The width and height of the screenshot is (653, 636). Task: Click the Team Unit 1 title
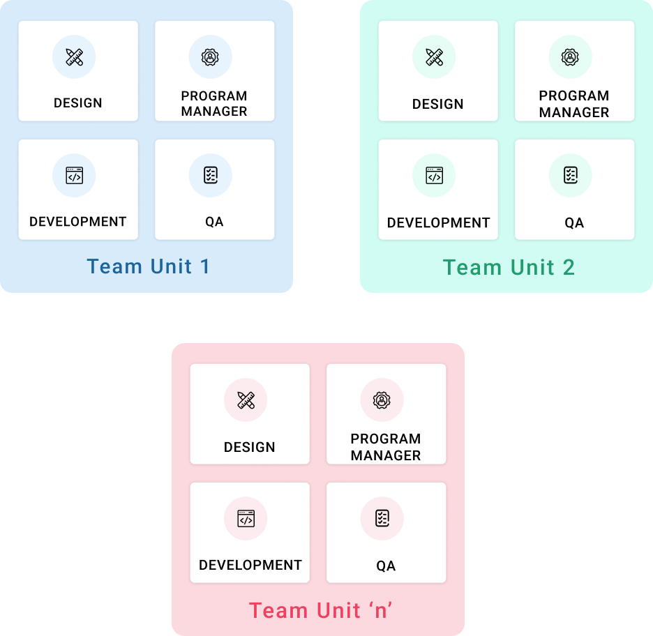[x=148, y=266]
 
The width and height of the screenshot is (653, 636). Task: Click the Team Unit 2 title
[x=509, y=267]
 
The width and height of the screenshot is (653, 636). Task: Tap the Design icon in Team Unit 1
[x=74, y=57]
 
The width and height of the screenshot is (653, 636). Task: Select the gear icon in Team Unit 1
[x=210, y=57]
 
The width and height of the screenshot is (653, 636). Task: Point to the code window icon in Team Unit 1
[x=74, y=176]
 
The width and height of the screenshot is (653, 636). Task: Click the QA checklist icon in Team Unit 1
[x=210, y=176]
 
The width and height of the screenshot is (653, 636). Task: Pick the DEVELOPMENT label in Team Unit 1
[x=77, y=222]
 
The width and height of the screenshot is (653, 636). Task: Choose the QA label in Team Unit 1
[x=214, y=222]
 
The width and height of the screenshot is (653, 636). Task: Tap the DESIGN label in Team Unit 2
[x=437, y=104]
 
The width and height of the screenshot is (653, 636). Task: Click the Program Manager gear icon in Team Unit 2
[x=570, y=57]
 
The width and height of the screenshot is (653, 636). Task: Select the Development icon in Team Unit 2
[x=434, y=176]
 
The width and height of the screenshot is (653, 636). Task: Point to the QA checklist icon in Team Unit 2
[x=570, y=176]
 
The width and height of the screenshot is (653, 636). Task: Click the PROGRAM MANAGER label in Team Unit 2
[x=574, y=104]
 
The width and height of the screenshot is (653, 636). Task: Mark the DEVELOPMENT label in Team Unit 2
[x=438, y=223]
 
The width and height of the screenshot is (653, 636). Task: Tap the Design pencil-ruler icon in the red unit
[x=246, y=400]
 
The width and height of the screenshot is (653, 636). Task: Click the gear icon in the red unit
[x=382, y=400]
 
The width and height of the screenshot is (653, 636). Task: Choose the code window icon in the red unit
[x=246, y=519]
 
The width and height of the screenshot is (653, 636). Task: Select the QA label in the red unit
[x=386, y=566]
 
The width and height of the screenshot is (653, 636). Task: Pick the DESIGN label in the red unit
[x=249, y=447]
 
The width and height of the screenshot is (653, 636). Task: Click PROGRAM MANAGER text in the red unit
[x=386, y=447]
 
